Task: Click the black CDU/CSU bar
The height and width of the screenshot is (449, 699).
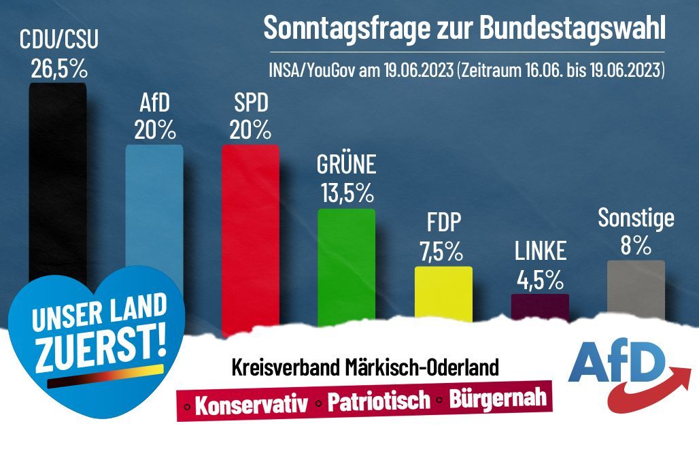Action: [x=58, y=177]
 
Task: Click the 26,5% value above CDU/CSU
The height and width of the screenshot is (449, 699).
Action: [x=58, y=68]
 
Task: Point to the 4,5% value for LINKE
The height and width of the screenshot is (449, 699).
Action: [x=540, y=279]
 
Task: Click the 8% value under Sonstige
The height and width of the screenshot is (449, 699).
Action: [x=636, y=245]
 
